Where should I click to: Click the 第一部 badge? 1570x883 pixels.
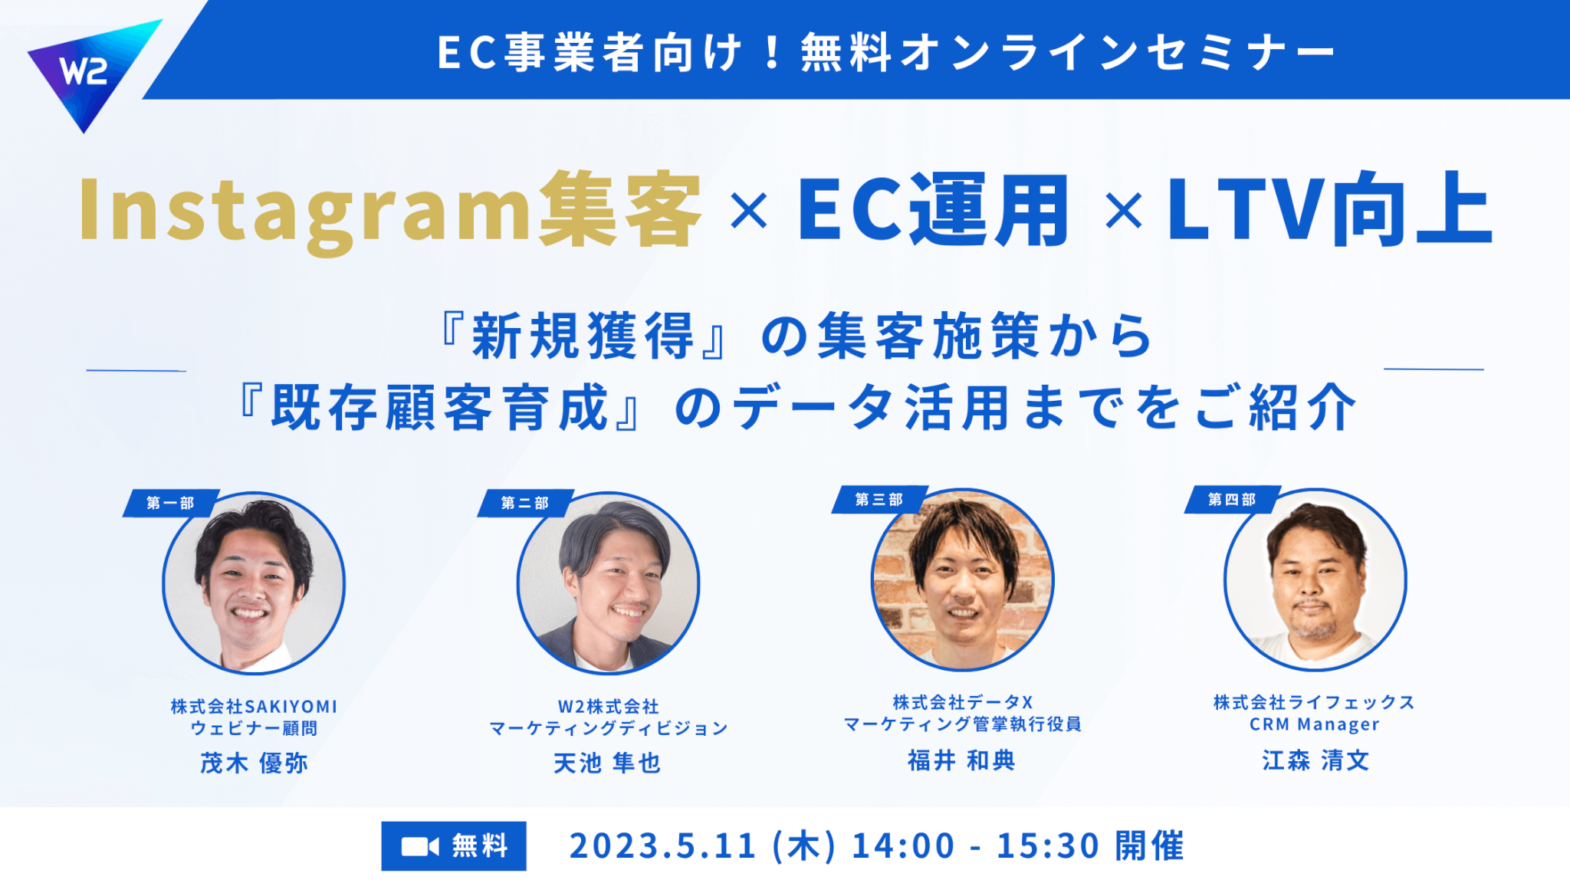[x=171, y=503]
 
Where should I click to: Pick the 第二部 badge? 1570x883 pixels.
[x=525, y=503]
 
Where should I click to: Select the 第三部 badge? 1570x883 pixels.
[x=879, y=500]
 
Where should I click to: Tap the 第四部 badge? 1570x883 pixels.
[x=1232, y=500]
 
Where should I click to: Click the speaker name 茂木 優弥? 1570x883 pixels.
[x=254, y=763]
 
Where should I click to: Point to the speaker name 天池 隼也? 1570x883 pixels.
[x=607, y=763]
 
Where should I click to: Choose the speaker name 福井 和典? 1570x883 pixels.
[x=962, y=760]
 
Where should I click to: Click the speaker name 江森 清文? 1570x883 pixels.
[x=1315, y=760]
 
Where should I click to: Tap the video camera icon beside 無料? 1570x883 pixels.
[x=420, y=846]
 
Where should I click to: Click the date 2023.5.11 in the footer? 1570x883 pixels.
[x=663, y=846]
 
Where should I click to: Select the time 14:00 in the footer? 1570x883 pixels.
[x=904, y=846]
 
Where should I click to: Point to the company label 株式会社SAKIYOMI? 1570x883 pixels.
[x=254, y=706]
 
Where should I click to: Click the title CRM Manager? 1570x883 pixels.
[x=1315, y=724]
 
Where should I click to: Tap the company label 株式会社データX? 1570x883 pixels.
[x=963, y=702]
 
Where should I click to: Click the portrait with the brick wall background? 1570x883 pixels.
[x=963, y=579]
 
